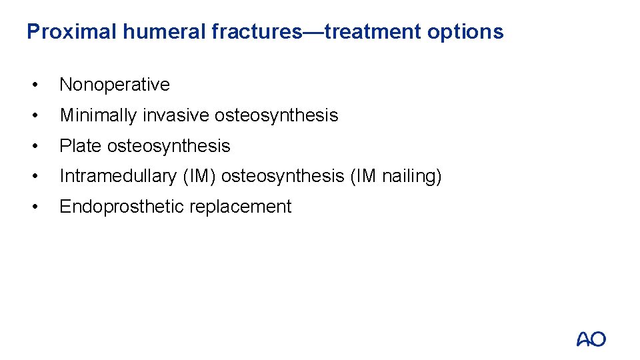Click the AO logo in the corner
[x=591, y=339]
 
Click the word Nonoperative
[x=115, y=85]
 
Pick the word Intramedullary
[x=117, y=177]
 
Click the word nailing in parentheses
[x=409, y=177]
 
